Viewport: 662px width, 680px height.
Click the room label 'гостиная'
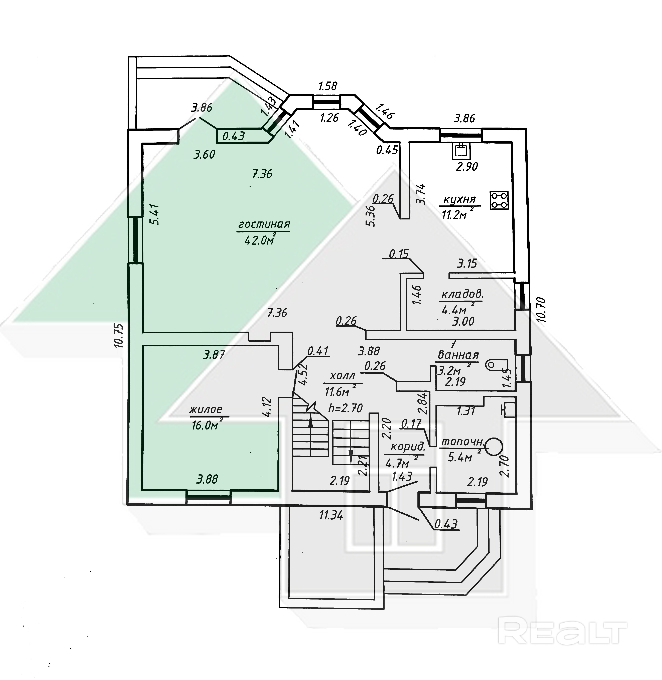point(264,224)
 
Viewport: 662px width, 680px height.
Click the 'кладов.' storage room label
point(462,295)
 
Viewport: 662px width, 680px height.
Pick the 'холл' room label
point(343,376)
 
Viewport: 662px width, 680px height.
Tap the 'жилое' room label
point(206,409)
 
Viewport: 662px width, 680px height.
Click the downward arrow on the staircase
point(351,457)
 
